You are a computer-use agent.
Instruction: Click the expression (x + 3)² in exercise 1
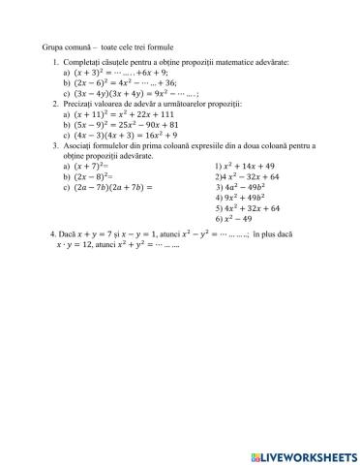tap(93, 73)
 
